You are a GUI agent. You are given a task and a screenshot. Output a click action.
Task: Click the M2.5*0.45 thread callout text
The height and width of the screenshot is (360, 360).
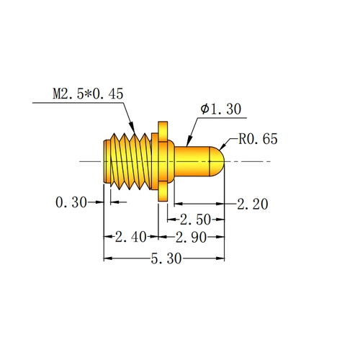[88, 94]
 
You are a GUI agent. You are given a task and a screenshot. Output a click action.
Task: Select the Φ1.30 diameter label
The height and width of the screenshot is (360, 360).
[221, 109]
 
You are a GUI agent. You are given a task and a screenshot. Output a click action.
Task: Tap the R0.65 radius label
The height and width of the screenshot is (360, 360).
[258, 139]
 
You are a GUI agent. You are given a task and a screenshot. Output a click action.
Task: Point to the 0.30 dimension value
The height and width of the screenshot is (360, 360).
[71, 202]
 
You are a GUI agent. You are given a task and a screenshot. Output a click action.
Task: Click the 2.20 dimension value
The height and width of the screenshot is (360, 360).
[253, 204]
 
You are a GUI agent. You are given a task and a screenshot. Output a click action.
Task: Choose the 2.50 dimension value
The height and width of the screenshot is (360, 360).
[195, 220]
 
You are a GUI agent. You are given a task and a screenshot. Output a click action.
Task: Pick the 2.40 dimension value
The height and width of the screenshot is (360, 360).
[130, 237]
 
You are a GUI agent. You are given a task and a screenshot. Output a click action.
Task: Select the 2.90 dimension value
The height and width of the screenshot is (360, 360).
[191, 238]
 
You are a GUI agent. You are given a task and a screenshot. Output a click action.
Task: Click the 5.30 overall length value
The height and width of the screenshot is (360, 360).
[166, 258]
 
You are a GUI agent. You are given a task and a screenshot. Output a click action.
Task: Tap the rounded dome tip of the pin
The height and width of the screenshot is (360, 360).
[217, 161]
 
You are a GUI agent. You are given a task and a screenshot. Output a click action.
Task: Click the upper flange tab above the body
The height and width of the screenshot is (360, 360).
[163, 132]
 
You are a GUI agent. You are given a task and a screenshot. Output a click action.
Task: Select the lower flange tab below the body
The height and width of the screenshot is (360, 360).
[163, 192]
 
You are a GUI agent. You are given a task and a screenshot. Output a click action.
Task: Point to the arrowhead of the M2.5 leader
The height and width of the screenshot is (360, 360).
[132, 127]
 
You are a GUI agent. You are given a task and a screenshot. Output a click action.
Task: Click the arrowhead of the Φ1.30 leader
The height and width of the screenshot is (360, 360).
[189, 140]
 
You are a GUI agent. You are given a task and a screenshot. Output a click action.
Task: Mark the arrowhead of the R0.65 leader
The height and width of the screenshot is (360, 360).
[222, 145]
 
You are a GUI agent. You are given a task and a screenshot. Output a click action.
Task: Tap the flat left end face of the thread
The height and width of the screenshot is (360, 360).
[105, 161]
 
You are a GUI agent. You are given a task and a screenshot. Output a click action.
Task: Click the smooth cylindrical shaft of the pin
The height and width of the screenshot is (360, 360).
[192, 161]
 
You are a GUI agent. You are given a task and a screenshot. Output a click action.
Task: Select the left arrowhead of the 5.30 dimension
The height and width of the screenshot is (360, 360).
[108, 258]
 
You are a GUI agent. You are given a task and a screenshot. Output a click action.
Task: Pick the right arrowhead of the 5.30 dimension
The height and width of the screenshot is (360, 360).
[220, 258]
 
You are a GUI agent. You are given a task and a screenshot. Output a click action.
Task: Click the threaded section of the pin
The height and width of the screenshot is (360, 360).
[131, 161]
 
